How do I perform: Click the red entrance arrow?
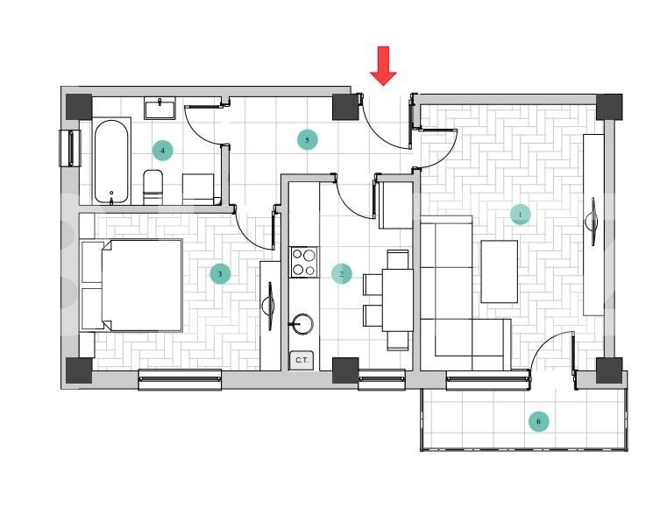(x=383, y=67)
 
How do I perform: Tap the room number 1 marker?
(x=520, y=214)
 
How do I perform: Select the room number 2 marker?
(x=342, y=274)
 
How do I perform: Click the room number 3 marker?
(x=220, y=274)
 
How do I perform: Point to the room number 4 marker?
(x=162, y=151)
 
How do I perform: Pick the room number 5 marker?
(x=307, y=139)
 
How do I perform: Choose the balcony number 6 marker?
(x=539, y=421)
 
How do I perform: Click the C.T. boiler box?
(x=302, y=360)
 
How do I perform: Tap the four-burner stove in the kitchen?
(x=303, y=262)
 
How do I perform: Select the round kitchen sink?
(x=302, y=324)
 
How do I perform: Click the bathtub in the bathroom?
(x=111, y=162)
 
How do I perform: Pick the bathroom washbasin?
(x=160, y=109)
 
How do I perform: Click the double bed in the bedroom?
(x=133, y=285)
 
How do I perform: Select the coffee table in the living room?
(x=499, y=271)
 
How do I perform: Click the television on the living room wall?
(x=595, y=223)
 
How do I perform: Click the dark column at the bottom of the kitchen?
(x=345, y=370)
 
